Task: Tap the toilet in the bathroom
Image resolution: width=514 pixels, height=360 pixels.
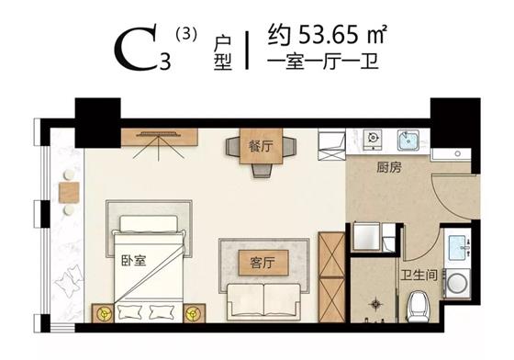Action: tap(419, 303)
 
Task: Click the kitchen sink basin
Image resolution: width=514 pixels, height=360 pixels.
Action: tap(407, 141)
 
